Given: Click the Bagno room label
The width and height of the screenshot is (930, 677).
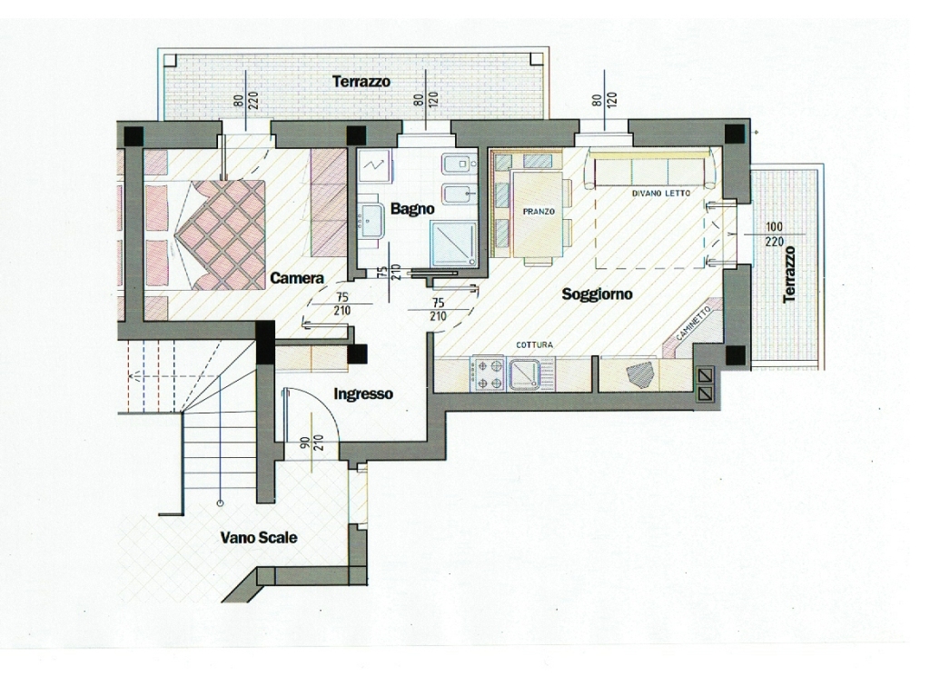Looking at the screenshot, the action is tap(412, 209).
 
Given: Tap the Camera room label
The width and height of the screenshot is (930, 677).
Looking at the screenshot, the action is tap(297, 278).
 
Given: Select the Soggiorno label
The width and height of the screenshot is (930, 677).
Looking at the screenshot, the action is tap(597, 294).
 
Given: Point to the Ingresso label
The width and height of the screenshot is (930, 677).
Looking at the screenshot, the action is tap(363, 393).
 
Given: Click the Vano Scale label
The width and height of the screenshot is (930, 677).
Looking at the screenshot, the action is tap(259, 538).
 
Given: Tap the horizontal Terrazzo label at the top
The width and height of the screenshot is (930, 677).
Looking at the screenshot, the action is tap(361, 81).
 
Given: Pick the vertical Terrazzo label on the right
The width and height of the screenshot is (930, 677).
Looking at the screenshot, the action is tap(789, 274).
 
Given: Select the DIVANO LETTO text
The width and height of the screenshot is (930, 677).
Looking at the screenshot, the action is tap(661, 194).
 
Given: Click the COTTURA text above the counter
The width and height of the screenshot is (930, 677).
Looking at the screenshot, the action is tap(534, 344).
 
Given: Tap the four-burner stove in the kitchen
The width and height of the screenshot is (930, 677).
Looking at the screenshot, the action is tap(488, 374).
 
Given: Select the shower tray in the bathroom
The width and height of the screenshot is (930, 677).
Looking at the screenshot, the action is tap(454, 244).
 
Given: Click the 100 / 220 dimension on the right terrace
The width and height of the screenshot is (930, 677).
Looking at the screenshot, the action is tap(775, 234).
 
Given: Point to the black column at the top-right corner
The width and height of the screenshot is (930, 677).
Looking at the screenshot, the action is tap(736, 134).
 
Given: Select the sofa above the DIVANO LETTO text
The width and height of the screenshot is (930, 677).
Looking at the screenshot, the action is tap(652, 168).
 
